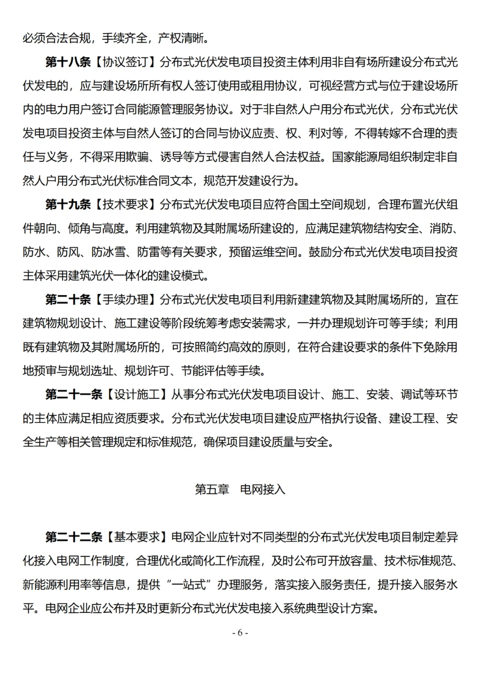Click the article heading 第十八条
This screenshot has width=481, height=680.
68,62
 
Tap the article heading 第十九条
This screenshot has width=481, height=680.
68,205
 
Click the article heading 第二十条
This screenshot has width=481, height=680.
68,299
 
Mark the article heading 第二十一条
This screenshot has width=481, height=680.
73,394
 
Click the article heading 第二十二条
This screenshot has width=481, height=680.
73,537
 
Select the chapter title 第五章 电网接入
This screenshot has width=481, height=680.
240,489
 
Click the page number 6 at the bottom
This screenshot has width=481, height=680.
240,633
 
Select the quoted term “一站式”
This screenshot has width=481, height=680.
188,585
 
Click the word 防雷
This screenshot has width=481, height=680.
148,252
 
